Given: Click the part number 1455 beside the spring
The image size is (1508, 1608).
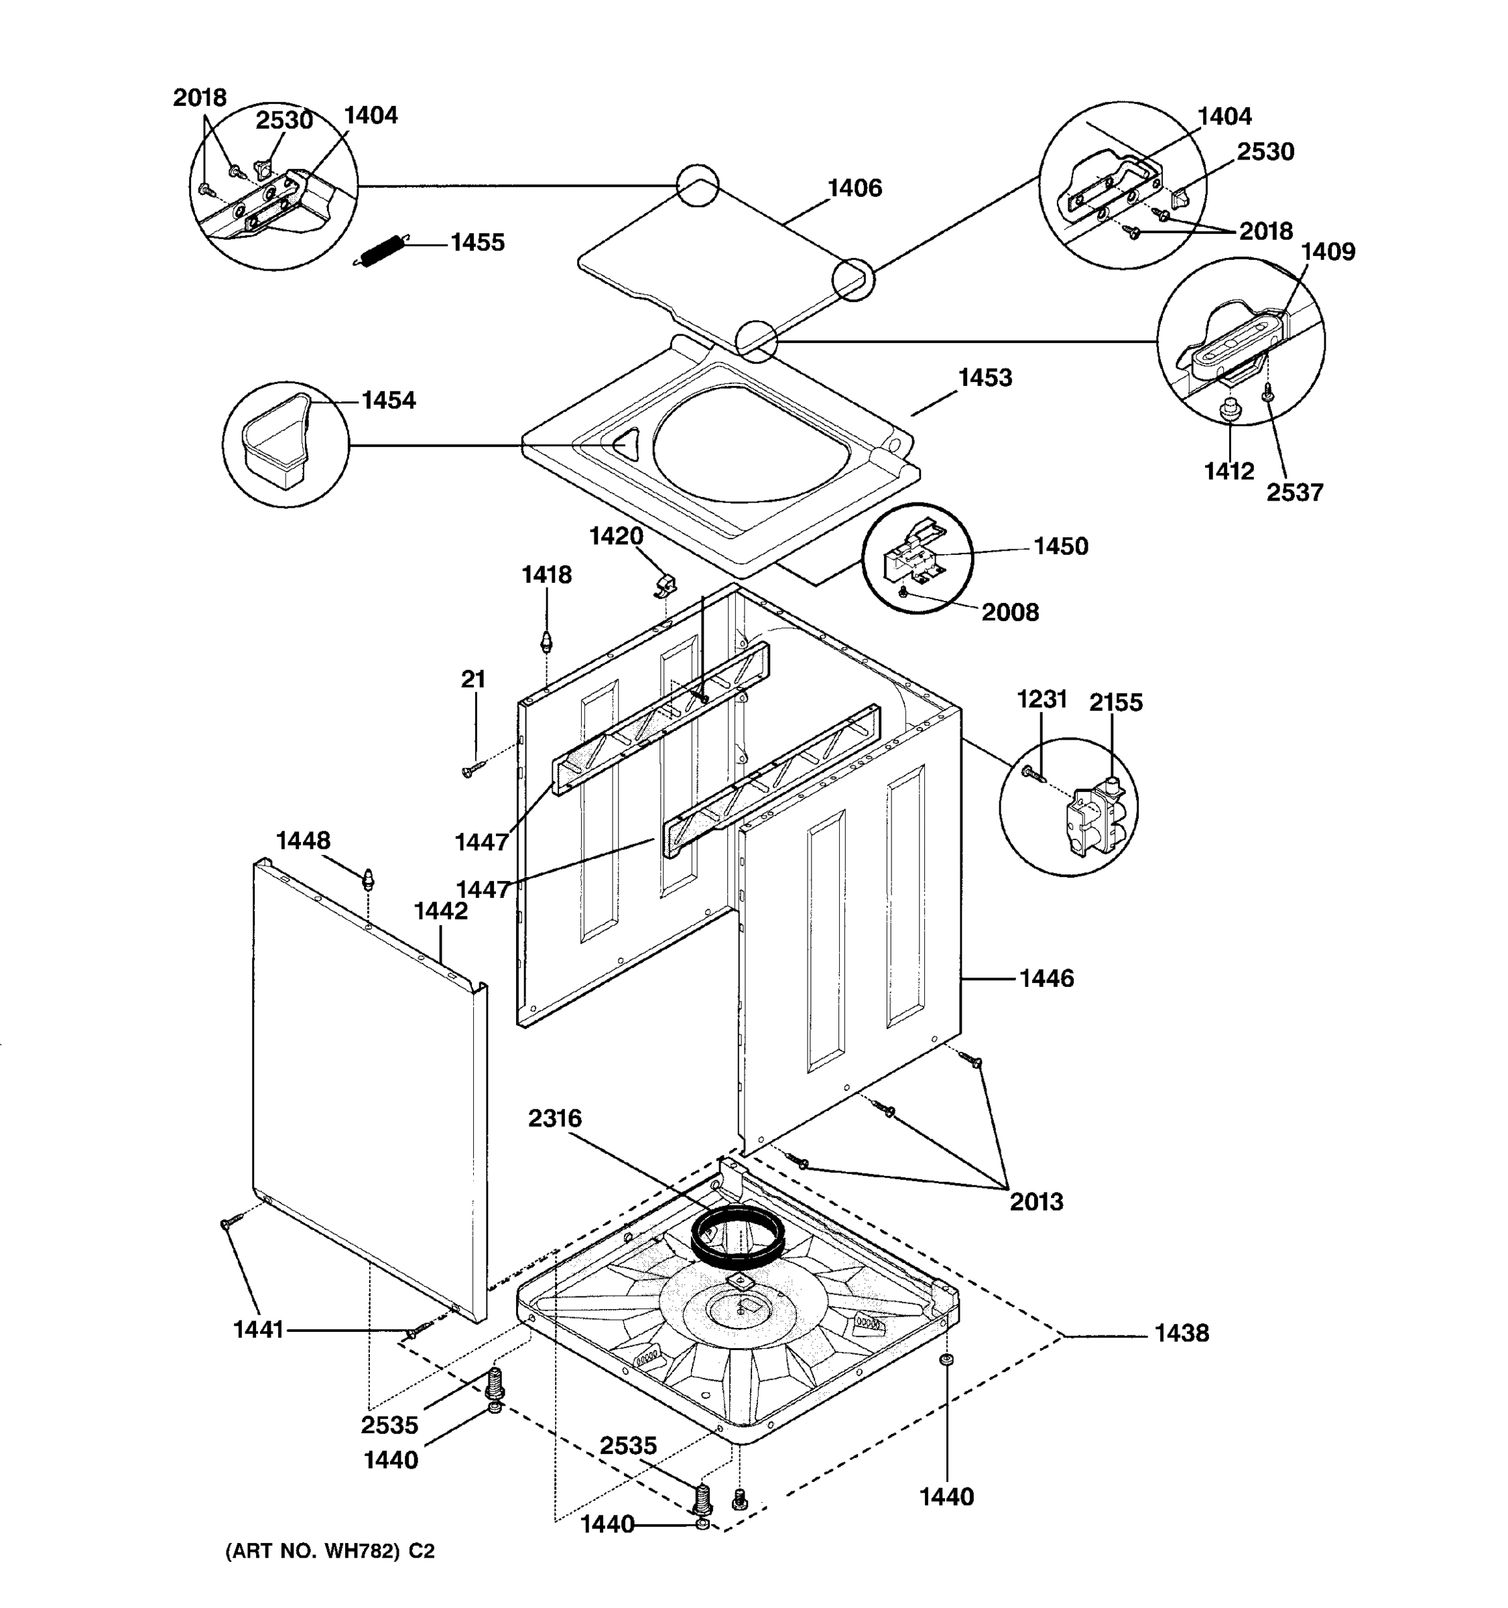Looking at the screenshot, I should coord(477,243).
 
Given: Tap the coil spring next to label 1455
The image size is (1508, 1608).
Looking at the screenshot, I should coord(381,251).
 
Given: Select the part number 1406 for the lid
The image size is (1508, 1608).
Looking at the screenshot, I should coord(855,188).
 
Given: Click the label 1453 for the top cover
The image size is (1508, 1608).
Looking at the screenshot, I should coord(985,378).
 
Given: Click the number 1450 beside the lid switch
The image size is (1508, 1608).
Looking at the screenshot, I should coord(1060,547).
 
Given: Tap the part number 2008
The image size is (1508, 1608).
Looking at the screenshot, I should coord(1009,612).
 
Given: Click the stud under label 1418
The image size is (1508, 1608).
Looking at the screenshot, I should coord(546,644).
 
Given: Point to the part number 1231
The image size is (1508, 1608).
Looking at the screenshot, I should coord(1042,699).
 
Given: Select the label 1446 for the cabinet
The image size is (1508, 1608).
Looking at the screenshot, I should coord(1046,979).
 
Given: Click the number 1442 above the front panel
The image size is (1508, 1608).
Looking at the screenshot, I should coord(441,912).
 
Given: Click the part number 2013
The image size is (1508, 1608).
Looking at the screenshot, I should coord(1035,1202).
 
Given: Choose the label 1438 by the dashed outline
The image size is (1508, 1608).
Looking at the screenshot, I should coord(1181,1333).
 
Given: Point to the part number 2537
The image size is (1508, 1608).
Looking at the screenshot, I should coord(1294,492).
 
